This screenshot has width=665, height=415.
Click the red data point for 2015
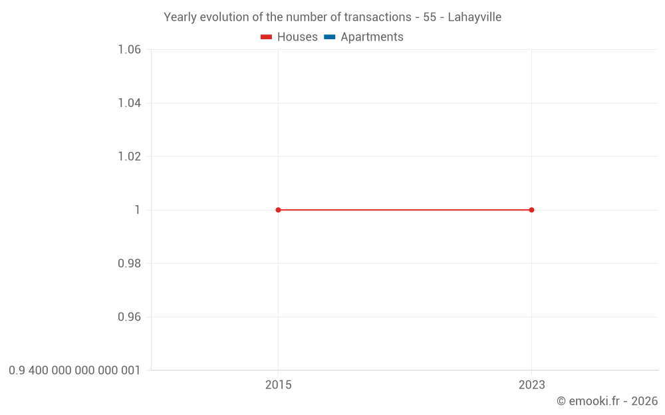[x=278, y=210]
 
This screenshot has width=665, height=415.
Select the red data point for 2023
[x=531, y=210]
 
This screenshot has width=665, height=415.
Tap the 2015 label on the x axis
[x=278, y=384]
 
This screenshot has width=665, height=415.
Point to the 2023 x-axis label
[x=531, y=384]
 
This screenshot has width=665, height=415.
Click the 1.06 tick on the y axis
[x=129, y=50]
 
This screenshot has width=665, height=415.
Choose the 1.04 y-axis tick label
[x=129, y=103]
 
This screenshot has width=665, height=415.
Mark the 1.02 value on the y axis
[x=129, y=157]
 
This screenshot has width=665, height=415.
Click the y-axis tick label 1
[x=138, y=210]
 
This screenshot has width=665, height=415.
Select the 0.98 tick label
[x=129, y=264]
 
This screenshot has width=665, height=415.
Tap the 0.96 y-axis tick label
[x=129, y=317]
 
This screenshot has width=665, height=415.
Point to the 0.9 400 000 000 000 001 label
[x=74, y=371]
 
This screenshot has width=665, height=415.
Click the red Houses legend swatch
[x=266, y=37]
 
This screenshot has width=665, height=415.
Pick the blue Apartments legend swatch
[x=329, y=37]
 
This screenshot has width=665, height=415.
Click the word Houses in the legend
[x=297, y=37]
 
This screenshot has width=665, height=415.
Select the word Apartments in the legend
[x=372, y=37]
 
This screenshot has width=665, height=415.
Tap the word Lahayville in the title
[x=474, y=17]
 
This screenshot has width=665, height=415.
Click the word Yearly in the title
[x=181, y=17]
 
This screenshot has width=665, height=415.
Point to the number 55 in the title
[x=430, y=17]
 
